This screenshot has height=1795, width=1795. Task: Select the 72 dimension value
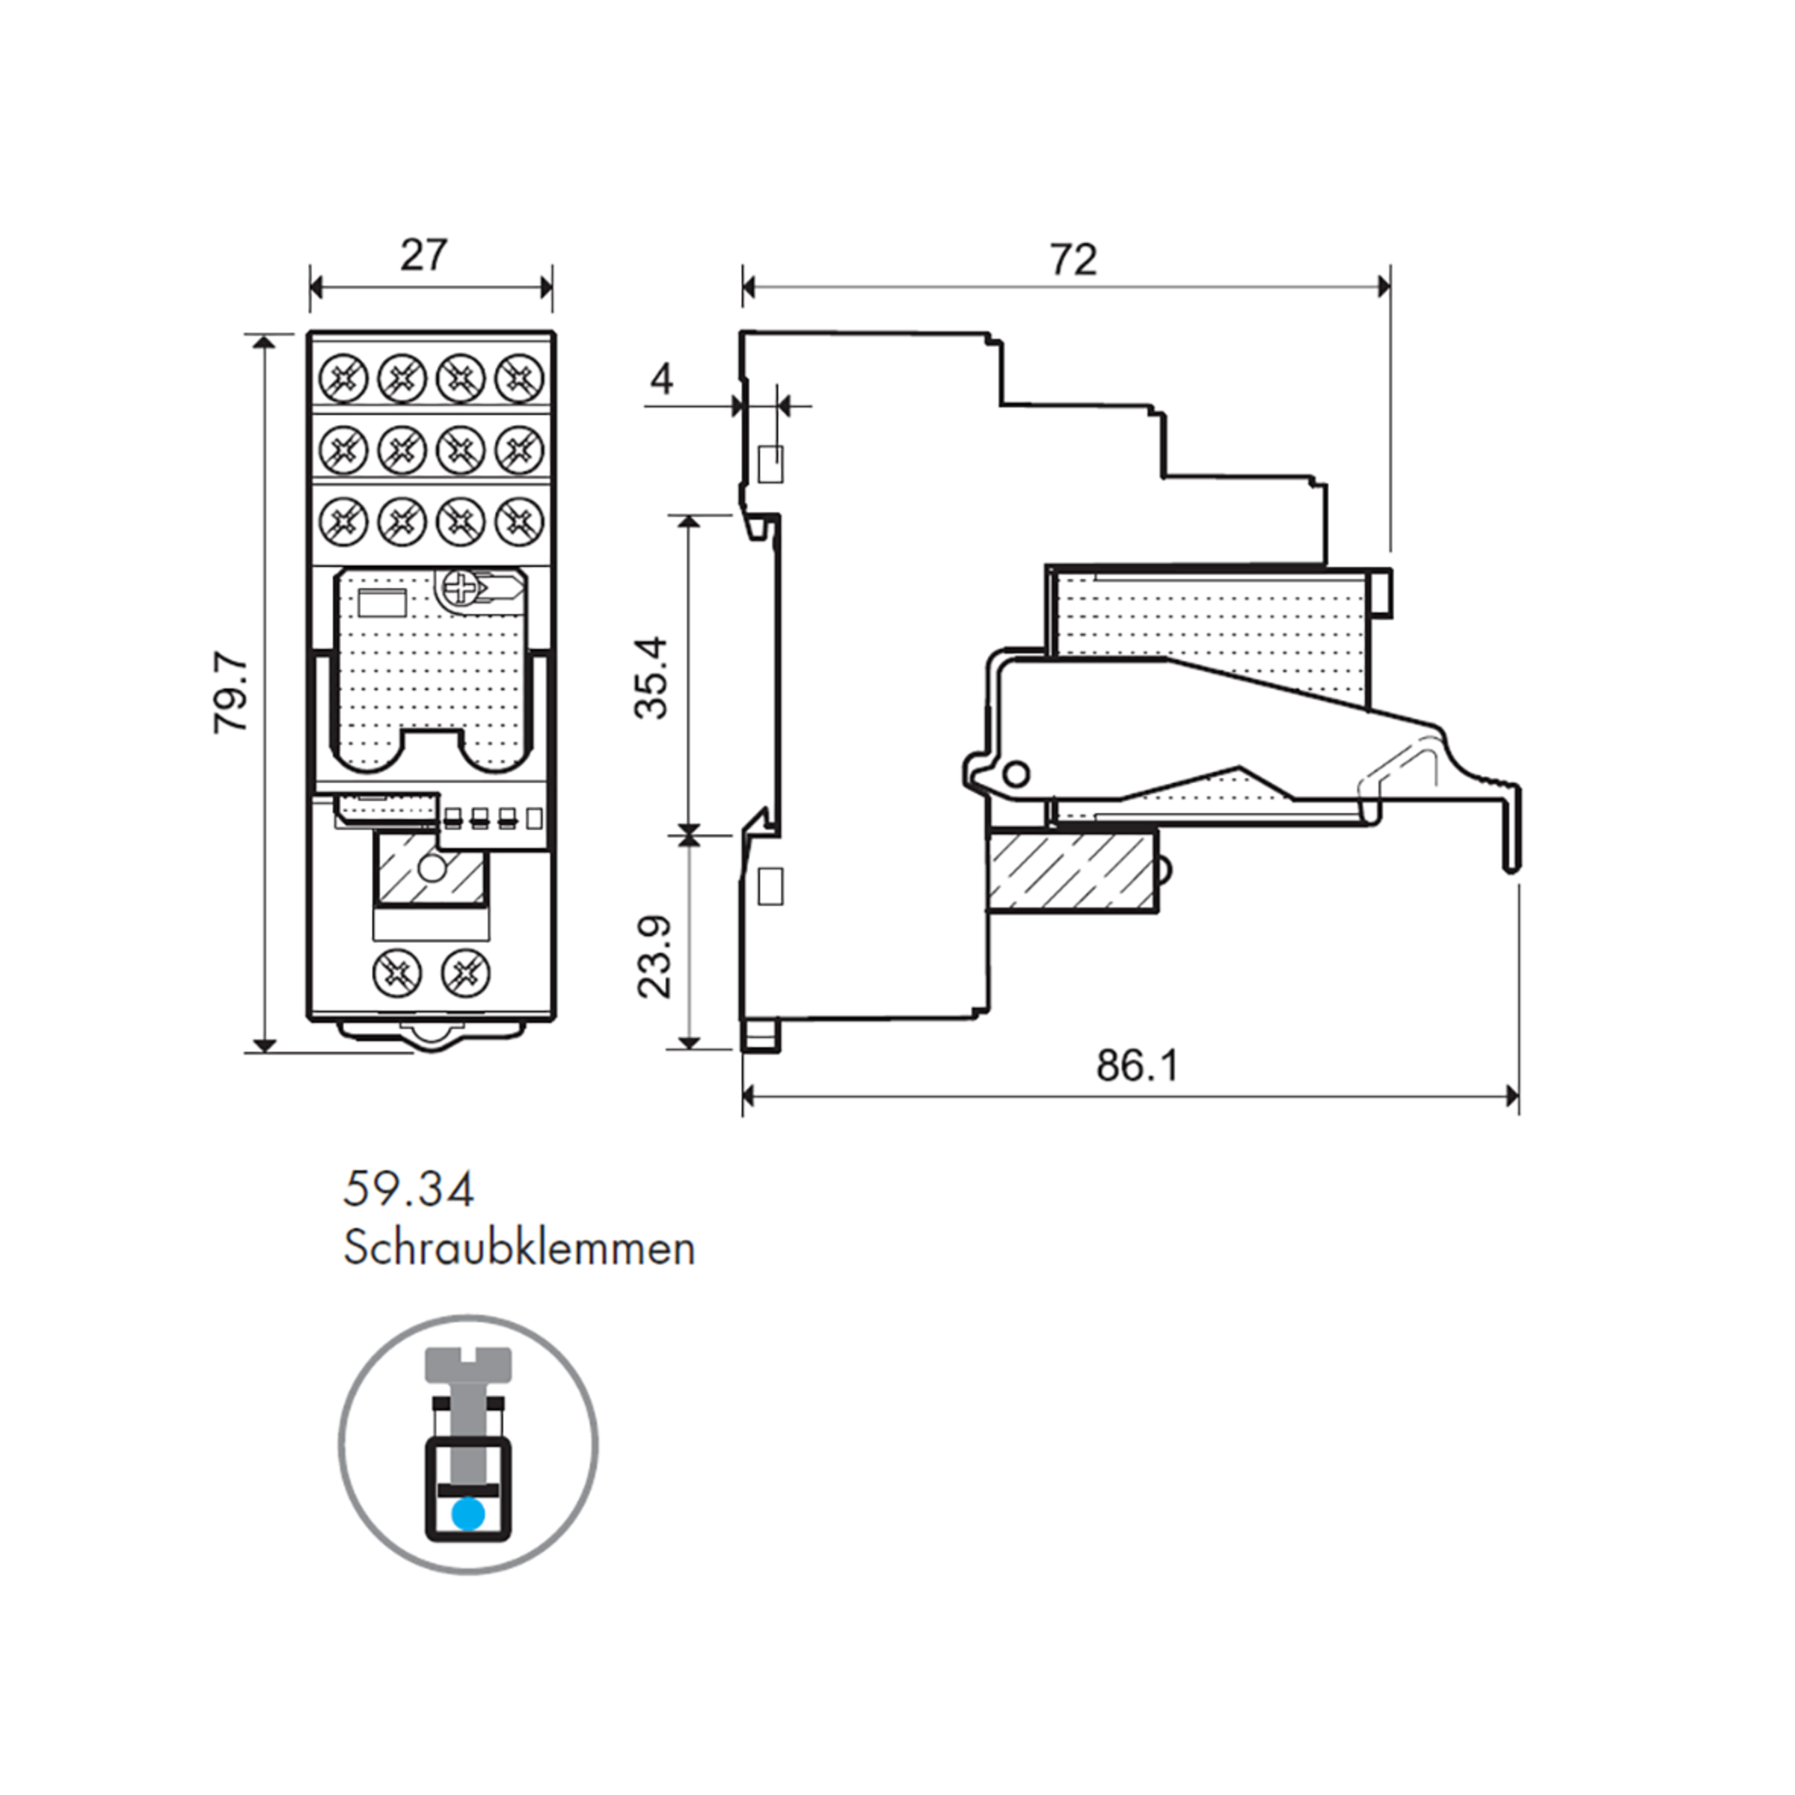1073,260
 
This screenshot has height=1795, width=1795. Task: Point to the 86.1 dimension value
1136,1066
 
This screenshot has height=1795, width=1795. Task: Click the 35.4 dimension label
651,678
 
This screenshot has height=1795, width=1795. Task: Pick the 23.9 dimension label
654,957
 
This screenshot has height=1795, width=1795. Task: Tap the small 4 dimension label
661,379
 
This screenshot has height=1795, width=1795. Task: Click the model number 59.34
409,1190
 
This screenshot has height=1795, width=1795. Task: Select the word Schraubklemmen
519,1250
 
